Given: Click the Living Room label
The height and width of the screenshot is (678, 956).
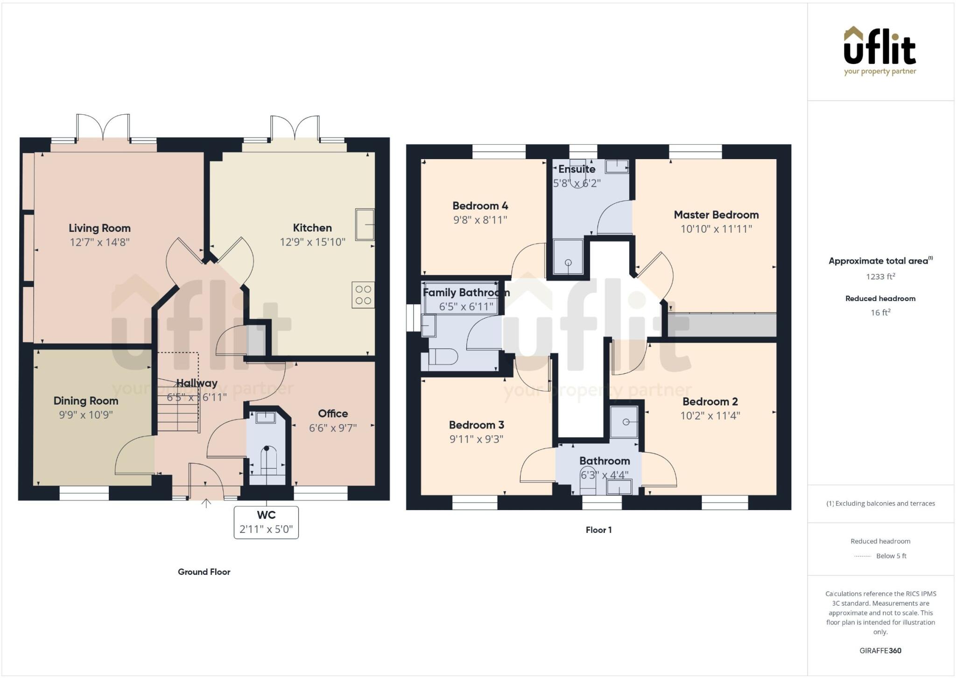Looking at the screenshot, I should click(x=99, y=228).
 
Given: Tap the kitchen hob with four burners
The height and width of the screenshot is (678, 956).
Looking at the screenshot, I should click(x=363, y=295).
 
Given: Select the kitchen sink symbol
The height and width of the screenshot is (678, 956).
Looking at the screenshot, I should click(x=365, y=224).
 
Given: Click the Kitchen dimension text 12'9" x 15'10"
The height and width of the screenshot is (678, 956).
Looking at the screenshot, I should click(x=312, y=242).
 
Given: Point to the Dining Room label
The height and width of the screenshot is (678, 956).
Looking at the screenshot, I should click(x=86, y=401).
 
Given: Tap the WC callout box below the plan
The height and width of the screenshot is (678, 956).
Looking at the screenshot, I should click(x=266, y=522).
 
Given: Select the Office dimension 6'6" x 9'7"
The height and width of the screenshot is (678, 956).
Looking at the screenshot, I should click(x=333, y=428).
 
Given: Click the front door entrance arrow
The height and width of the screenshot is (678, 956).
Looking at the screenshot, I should click(x=206, y=503).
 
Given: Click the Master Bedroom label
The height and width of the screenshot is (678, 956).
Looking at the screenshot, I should click(x=716, y=215).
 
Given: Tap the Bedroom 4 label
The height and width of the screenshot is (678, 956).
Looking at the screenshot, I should click(x=480, y=206).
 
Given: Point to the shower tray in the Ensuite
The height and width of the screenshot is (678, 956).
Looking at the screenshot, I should click(x=568, y=257).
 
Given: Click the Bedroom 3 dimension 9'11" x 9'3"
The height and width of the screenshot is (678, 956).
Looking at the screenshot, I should click(x=476, y=439).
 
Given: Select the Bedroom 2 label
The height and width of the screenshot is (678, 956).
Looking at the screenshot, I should click(x=710, y=402).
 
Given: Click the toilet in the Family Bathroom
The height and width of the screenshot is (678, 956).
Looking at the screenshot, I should click(x=443, y=357).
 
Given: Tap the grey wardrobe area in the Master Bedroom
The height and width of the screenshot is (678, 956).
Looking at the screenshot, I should click(x=722, y=325).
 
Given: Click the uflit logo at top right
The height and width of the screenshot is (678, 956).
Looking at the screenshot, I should click(x=880, y=50).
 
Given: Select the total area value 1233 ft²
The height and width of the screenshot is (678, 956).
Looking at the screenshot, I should click(x=880, y=277).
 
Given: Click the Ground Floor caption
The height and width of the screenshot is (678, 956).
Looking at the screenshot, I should click(x=204, y=572).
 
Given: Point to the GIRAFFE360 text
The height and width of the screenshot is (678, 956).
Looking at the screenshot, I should click(x=880, y=650).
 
